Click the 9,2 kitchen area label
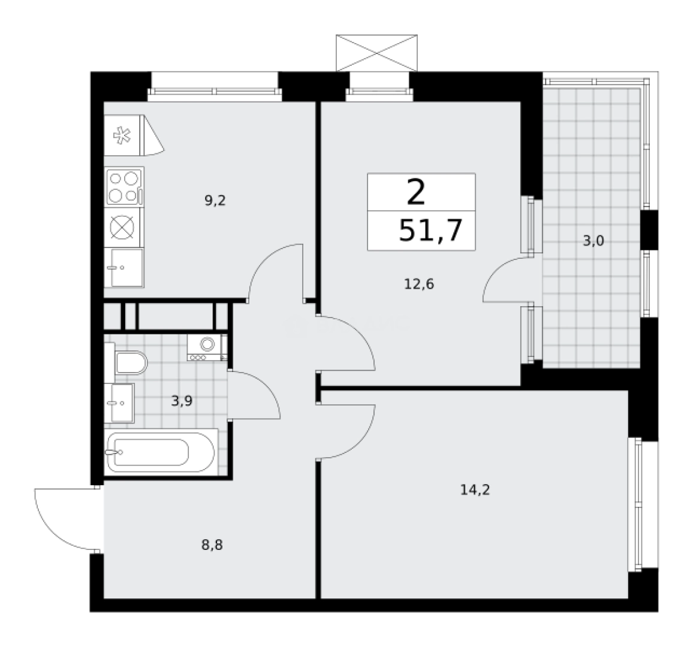pos(215,201)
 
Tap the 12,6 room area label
pos(419,284)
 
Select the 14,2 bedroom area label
pos(475,490)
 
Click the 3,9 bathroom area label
pos(182,401)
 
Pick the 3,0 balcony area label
pos(593,241)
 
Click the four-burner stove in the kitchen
pos(124,186)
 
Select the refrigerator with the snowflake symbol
pos(123,136)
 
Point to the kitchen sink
pos(124,268)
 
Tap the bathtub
pos(159,451)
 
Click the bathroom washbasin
pos(120,403)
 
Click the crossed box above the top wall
pos(376,52)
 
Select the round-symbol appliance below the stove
pos(124,228)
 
